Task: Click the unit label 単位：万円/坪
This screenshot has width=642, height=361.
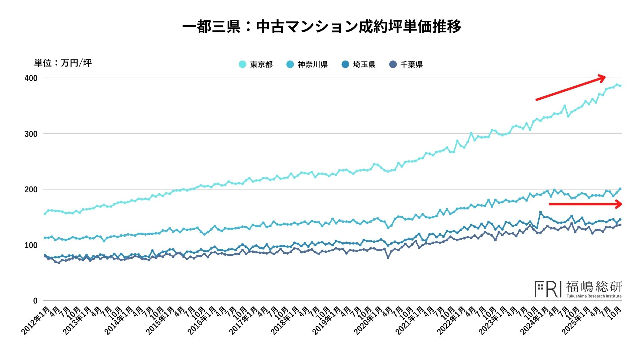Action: pyautogui.click(x=63, y=63)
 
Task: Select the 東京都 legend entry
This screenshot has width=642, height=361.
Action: pyautogui.click(x=256, y=65)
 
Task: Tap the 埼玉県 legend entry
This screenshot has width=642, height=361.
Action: pyautogui.click(x=358, y=65)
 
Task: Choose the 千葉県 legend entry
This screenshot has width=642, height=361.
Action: pyautogui.click(x=406, y=65)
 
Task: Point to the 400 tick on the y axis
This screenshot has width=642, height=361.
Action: pyautogui.click(x=31, y=78)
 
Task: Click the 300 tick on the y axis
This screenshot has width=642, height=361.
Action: pyautogui.click(x=31, y=134)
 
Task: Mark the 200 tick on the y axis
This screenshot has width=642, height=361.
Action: pyautogui.click(x=31, y=190)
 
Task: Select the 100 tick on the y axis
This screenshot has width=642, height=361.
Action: pyautogui.click(x=31, y=245)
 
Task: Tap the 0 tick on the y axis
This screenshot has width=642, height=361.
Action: pyautogui.click(x=35, y=301)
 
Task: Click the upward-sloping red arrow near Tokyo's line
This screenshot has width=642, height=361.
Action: pyautogui.click(x=570, y=89)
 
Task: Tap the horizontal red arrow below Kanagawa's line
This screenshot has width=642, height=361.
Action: pyautogui.click(x=585, y=204)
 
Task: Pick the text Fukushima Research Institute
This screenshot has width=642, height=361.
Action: pyautogui.click(x=594, y=296)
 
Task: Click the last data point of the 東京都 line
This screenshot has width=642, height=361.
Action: pyautogui.click(x=620, y=86)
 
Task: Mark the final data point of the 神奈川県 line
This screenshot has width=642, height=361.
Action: pyautogui.click(x=620, y=189)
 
